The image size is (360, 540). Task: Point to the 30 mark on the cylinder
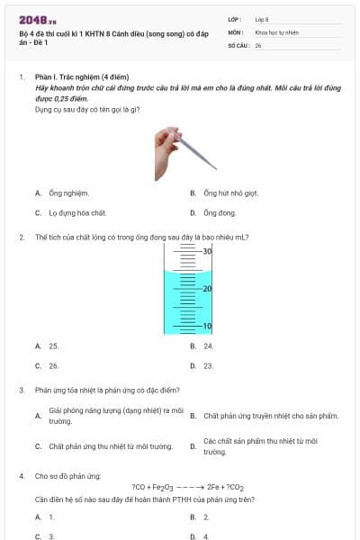(x=206, y=251)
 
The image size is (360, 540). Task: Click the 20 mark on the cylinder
(x=206, y=288)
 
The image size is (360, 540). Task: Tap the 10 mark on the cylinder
(x=206, y=326)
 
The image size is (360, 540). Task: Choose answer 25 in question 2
(x=53, y=346)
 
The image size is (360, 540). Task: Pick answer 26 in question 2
(x=53, y=366)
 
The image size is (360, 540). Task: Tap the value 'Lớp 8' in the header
(x=262, y=19)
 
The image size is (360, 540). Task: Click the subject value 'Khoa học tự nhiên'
(x=276, y=31)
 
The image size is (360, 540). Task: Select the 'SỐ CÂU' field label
(x=238, y=44)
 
